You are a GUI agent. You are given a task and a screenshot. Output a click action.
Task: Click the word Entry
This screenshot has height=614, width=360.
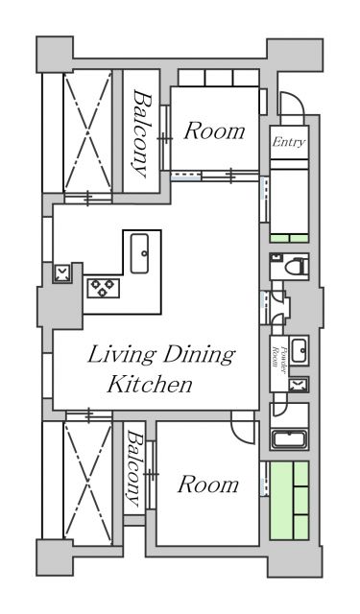tap(289, 142)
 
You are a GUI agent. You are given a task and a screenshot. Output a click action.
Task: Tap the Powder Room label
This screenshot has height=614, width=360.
tap(279, 356)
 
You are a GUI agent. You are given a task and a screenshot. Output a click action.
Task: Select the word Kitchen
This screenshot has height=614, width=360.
tap(150, 384)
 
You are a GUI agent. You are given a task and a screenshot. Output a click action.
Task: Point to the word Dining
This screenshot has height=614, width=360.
tap(199, 355)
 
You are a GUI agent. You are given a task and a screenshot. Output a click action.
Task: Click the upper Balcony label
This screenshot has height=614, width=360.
tap(141, 132)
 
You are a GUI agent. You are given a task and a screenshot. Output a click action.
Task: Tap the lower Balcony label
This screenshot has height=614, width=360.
tap(134, 468)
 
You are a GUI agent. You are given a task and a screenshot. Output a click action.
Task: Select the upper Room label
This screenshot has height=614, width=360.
tap(215, 130)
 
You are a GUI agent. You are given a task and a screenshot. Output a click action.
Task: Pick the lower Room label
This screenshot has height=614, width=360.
tap(208, 484)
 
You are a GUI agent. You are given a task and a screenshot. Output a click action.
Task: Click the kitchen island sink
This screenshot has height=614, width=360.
tap(139, 253)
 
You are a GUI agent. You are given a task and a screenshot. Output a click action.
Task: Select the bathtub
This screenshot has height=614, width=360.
tap(289, 439)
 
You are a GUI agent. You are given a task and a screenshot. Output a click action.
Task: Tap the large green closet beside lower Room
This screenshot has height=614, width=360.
tap(289, 501)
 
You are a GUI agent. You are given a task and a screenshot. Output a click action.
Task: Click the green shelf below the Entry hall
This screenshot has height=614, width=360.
tap(289, 239)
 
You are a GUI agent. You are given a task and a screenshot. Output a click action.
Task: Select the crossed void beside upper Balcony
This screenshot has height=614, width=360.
tap(87, 130)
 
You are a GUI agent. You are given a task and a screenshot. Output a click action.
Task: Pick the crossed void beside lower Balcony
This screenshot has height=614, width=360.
tap(87, 483)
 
